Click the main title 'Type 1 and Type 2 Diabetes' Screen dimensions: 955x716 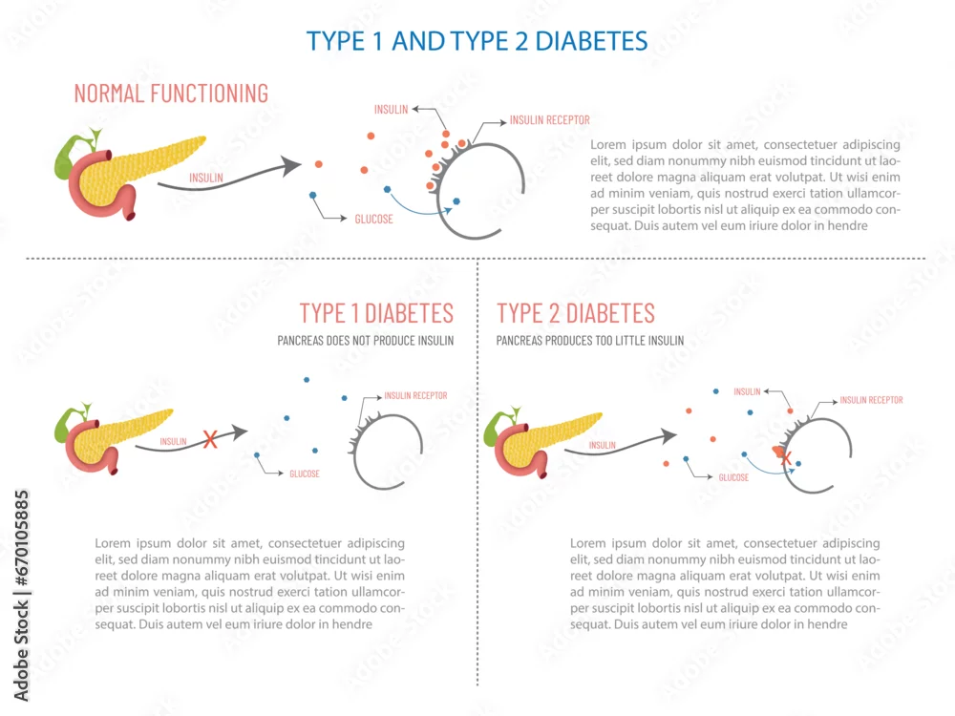(477, 41)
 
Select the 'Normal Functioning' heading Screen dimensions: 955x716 (171, 94)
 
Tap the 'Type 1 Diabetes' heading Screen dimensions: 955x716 (376, 313)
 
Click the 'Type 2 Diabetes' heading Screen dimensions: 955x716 (576, 313)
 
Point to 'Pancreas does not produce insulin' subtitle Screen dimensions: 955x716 (366, 341)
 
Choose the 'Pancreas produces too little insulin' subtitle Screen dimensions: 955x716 (589, 341)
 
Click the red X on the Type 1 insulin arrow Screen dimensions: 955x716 (210, 439)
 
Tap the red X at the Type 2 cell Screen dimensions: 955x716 (786, 458)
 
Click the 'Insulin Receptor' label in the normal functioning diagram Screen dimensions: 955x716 (549, 120)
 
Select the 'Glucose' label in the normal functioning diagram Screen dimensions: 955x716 (374, 220)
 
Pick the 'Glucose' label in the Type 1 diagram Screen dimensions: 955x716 (305, 474)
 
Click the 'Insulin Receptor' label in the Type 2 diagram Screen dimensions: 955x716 (871, 400)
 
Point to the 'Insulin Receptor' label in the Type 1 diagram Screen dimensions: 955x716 (415, 396)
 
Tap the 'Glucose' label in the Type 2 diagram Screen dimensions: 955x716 (733, 477)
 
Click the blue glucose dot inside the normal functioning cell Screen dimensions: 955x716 (456, 200)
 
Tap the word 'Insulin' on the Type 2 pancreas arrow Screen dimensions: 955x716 (603, 445)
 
